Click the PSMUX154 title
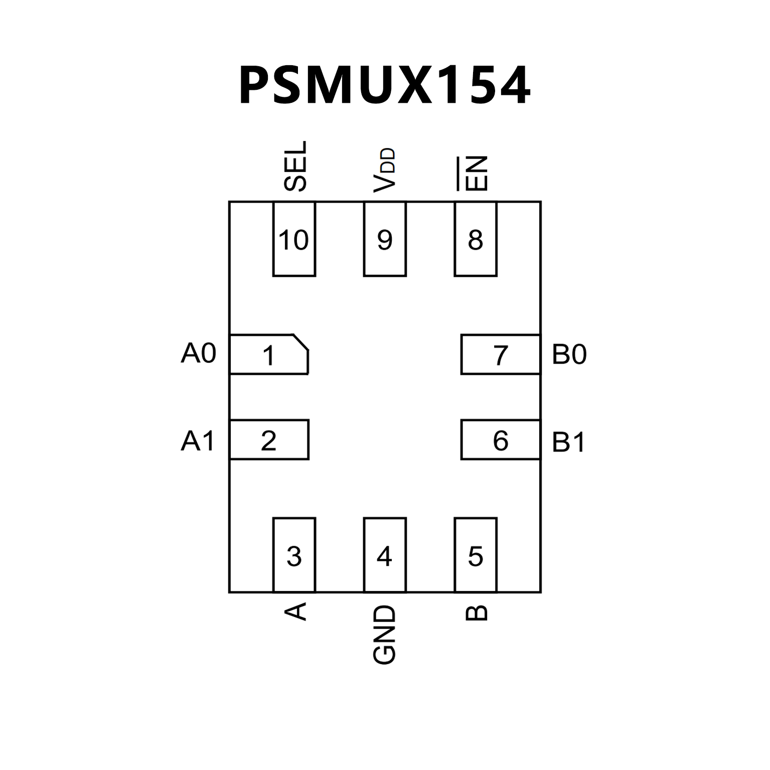[384, 85]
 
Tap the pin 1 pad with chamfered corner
[268, 354]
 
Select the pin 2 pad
[269, 440]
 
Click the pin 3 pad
[294, 555]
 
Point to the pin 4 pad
[385, 555]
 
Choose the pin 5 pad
[476, 555]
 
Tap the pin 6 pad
[501, 440]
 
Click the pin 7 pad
[501, 354]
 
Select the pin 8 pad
[476, 239]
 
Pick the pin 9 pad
[385, 239]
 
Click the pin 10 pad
[294, 239]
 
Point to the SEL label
[295, 166]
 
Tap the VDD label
[385, 170]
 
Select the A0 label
[199, 353]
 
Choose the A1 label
[198, 441]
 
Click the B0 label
[569, 354]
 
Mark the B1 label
[568, 442]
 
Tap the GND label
[385, 635]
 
